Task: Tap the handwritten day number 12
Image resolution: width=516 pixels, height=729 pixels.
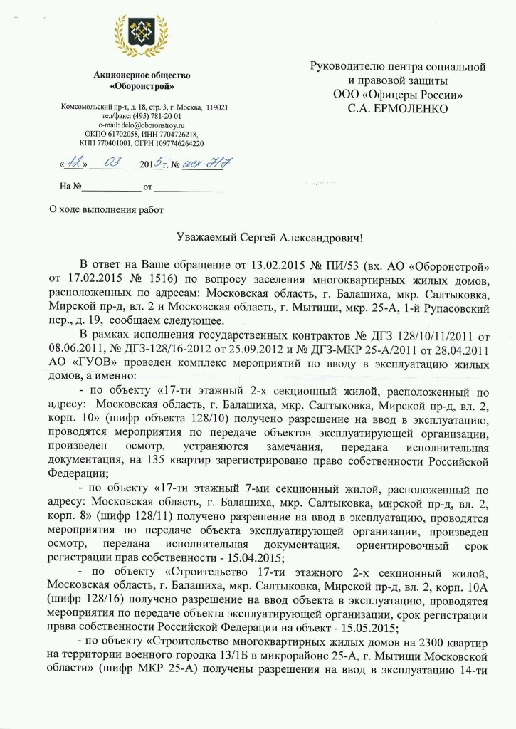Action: click(x=74, y=163)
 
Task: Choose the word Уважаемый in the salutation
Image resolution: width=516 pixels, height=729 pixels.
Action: click(x=207, y=238)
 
